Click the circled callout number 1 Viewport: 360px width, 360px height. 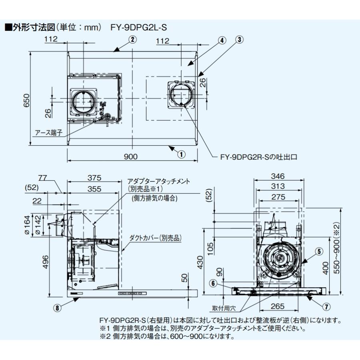pyautogui.click(x=181, y=153)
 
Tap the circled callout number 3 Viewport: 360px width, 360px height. pyautogui.click(x=240, y=40)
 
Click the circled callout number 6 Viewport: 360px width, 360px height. pyautogui.click(x=214, y=283)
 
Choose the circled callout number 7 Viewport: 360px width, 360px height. pyautogui.click(x=326, y=306)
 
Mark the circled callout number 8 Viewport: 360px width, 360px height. pyautogui.click(x=58, y=308)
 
